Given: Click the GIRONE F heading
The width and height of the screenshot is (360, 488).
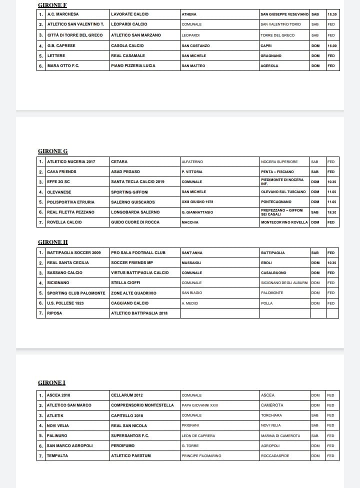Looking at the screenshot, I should pyautogui.click(x=52, y=5).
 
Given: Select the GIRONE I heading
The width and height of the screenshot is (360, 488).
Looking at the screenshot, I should pyautogui.click(x=51, y=382).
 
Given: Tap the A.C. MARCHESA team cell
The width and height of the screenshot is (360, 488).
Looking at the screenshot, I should pyautogui.click(x=63, y=14).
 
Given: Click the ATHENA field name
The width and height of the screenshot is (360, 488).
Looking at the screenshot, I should pyautogui.click(x=189, y=14).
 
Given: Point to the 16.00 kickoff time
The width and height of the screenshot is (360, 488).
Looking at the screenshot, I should pyautogui.click(x=332, y=45).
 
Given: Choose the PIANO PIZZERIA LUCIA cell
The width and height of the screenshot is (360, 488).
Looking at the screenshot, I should pyautogui.click(x=133, y=66).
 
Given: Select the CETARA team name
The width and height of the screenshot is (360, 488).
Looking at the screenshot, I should pyautogui.click(x=119, y=162).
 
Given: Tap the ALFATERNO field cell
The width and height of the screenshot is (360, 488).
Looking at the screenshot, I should pyautogui.click(x=192, y=162).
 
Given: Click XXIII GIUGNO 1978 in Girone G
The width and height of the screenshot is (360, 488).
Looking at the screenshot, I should pyautogui.click(x=197, y=202).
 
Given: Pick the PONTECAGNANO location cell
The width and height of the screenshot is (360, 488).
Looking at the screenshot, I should pyautogui.click(x=275, y=202).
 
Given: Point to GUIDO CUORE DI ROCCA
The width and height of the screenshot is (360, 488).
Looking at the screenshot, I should pyautogui.click(x=134, y=222).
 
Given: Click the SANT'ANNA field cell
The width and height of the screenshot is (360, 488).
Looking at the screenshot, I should pyautogui.click(x=192, y=253).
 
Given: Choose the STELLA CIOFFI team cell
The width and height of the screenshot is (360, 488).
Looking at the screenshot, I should pyautogui.click(x=125, y=283).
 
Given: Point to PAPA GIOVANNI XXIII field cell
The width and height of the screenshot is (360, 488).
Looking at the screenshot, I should pyautogui.click(x=200, y=405).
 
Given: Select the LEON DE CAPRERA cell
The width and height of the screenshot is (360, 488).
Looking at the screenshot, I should pyautogui.click(x=198, y=436).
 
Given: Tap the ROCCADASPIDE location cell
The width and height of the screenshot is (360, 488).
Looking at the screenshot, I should pyautogui.click(x=275, y=456).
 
